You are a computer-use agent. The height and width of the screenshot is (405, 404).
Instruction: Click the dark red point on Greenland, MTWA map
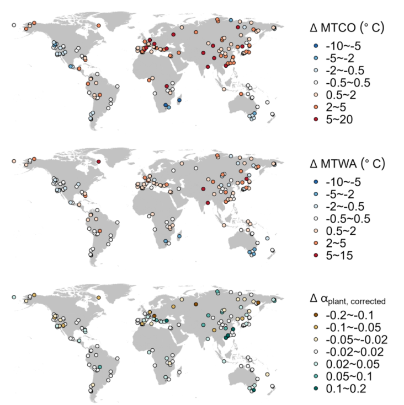98,161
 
